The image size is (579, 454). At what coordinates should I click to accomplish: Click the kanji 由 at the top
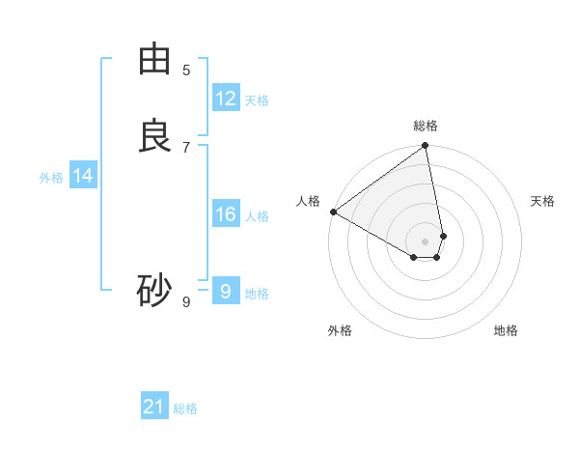click(x=154, y=59)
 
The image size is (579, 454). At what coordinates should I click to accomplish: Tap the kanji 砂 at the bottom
click(x=154, y=290)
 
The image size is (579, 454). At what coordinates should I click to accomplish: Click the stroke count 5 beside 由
click(x=186, y=70)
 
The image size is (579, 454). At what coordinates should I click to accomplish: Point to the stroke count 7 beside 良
click(x=186, y=147)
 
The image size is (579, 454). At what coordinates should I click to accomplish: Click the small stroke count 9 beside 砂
click(x=186, y=301)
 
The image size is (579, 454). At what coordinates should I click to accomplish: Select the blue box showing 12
click(x=226, y=99)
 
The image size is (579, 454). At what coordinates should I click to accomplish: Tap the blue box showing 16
click(x=226, y=214)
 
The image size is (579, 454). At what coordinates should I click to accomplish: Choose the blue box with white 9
click(x=226, y=292)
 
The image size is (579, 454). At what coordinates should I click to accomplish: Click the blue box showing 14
click(x=83, y=176)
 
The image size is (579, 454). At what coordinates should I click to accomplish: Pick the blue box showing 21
click(x=154, y=407)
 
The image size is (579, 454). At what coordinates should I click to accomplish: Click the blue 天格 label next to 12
click(x=257, y=100)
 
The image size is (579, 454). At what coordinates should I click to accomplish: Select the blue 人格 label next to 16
click(x=257, y=216)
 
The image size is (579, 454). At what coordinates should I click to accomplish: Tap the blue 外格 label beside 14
click(x=51, y=178)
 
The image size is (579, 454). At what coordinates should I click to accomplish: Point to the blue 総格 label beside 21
click(x=185, y=409)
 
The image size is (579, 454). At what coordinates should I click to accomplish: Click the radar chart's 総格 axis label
click(x=426, y=126)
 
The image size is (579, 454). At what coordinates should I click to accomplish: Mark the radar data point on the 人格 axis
click(x=333, y=212)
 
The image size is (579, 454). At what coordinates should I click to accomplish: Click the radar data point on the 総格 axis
click(x=426, y=147)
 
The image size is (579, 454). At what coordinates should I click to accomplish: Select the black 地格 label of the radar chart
click(x=506, y=330)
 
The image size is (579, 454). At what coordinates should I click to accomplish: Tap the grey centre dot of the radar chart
click(x=426, y=241)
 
